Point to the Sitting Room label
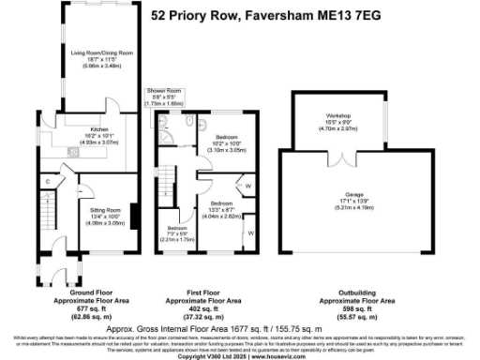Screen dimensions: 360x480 105,211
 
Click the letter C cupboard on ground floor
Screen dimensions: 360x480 47,180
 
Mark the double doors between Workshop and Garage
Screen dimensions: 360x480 340,150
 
